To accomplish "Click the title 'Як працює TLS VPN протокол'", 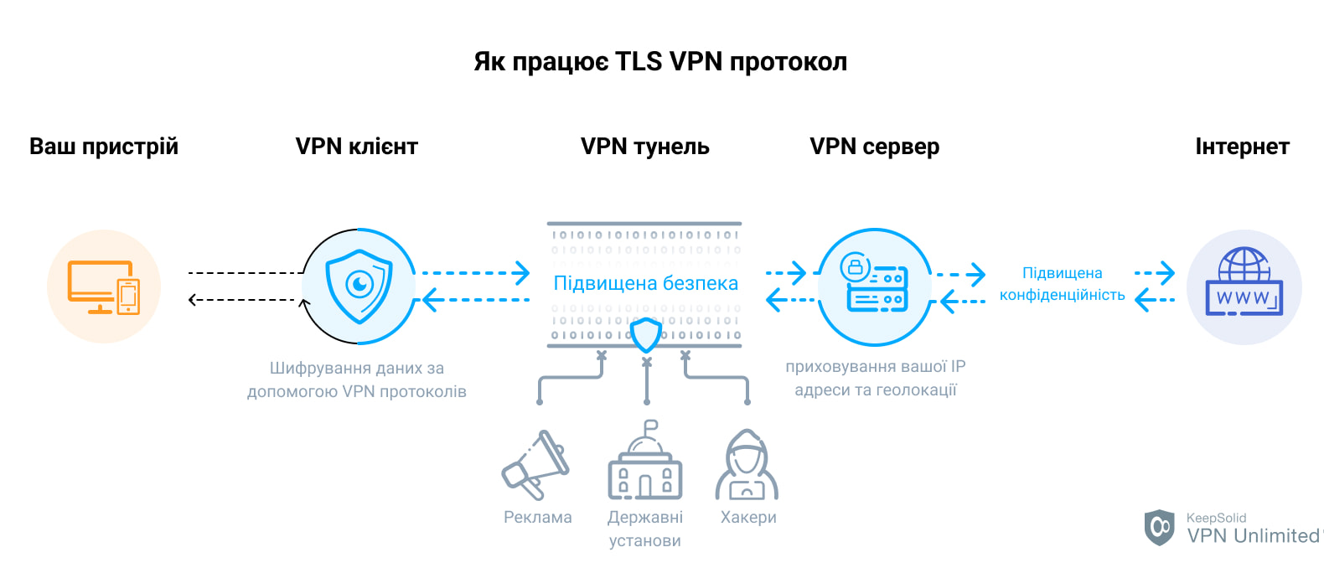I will (660, 62).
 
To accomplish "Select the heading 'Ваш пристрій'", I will (104, 147).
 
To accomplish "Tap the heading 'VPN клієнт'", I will (356, 147).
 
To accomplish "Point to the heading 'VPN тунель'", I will (644, 147).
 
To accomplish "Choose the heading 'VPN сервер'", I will (874, 147).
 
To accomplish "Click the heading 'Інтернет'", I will (1241, 147).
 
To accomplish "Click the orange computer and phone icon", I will (104, 286).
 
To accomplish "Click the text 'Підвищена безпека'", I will (645, 283).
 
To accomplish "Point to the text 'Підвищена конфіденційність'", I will (1062, 284).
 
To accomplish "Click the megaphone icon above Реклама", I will (535, 466).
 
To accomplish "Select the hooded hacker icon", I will (747, 466).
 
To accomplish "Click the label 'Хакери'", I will (748, 518).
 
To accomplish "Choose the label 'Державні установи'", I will (644, 529).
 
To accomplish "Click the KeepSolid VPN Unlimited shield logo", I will (1160, 528).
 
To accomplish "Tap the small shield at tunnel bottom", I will (645, 334).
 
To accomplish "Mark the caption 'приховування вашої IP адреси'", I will (875, 378).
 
